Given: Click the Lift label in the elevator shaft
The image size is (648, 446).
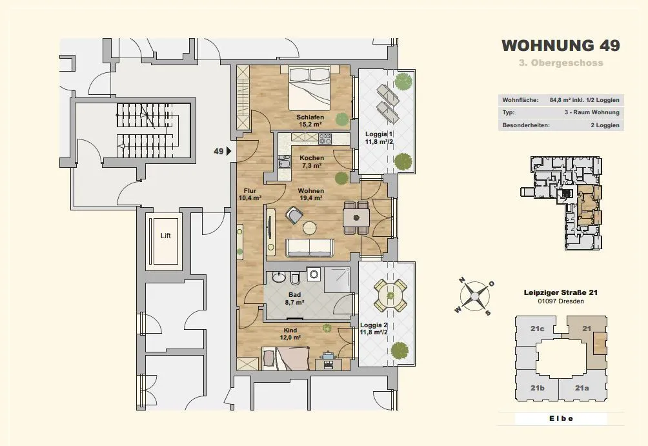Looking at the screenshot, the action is point(165,236).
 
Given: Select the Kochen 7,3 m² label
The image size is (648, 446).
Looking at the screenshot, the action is point(312,161).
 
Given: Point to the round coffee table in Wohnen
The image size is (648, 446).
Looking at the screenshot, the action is point(309,228).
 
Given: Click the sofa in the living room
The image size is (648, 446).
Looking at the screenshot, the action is point(310,247).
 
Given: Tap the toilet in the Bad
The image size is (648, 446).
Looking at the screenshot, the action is point(296,278).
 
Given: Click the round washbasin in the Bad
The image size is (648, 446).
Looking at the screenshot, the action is point(279,276).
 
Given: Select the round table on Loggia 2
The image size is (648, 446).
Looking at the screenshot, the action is point(390,295).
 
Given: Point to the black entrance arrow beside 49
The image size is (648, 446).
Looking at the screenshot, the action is point(228,151).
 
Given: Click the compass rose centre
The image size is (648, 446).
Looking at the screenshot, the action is point(475,296).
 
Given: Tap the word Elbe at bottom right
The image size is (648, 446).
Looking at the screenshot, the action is point(562,418).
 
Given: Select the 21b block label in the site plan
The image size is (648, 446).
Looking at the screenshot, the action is point(537,388).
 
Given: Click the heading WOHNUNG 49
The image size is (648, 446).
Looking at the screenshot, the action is point(561,45).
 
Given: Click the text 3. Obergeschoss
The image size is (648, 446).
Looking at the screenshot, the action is point(561,63).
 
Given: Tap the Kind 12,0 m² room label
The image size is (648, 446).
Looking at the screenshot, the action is point(290,334).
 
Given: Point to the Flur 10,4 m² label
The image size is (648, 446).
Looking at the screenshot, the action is point(250,194).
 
